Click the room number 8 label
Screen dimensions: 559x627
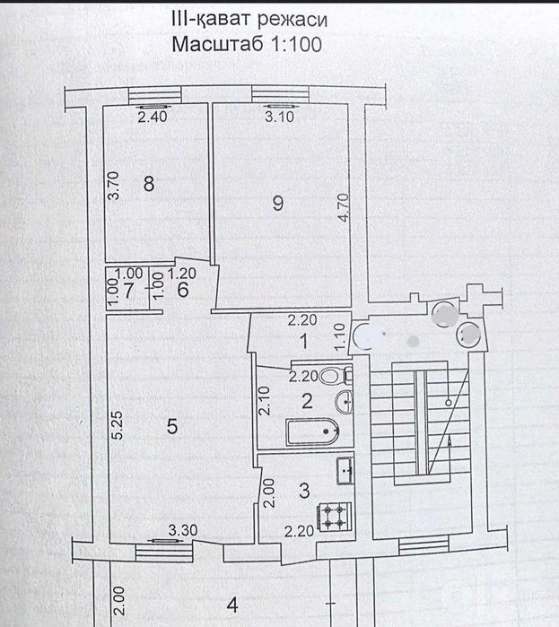(x=149, y=184)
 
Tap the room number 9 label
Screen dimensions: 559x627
(x=278, y=203)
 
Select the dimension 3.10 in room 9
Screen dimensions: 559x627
(x=280, y=117)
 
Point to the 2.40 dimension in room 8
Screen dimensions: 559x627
(x=153, y=117)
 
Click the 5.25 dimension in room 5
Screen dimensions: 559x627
(x=118, y=425)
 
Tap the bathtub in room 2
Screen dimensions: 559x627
(x=312, y=431)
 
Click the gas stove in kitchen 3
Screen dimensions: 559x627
(x=335, y=517)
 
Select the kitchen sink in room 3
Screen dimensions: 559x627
(x=345, y=471)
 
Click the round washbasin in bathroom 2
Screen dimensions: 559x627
(x=344, y=401)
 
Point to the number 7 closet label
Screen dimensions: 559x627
(x=128, y=291)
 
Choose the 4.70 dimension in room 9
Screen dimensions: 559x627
(x=343, y=208)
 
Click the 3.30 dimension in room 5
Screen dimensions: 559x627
(x=183, y=530)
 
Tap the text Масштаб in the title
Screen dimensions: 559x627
(x=218, y=44)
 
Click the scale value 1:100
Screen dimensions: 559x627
(x=296, y=44)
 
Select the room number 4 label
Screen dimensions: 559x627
(x=232, y=605)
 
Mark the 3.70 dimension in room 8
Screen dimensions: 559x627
(x=114, y=186)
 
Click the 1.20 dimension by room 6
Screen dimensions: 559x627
(x=181, y=274)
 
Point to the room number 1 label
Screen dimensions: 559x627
(x=304, y=342)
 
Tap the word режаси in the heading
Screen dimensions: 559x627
(x=293, y=20)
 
